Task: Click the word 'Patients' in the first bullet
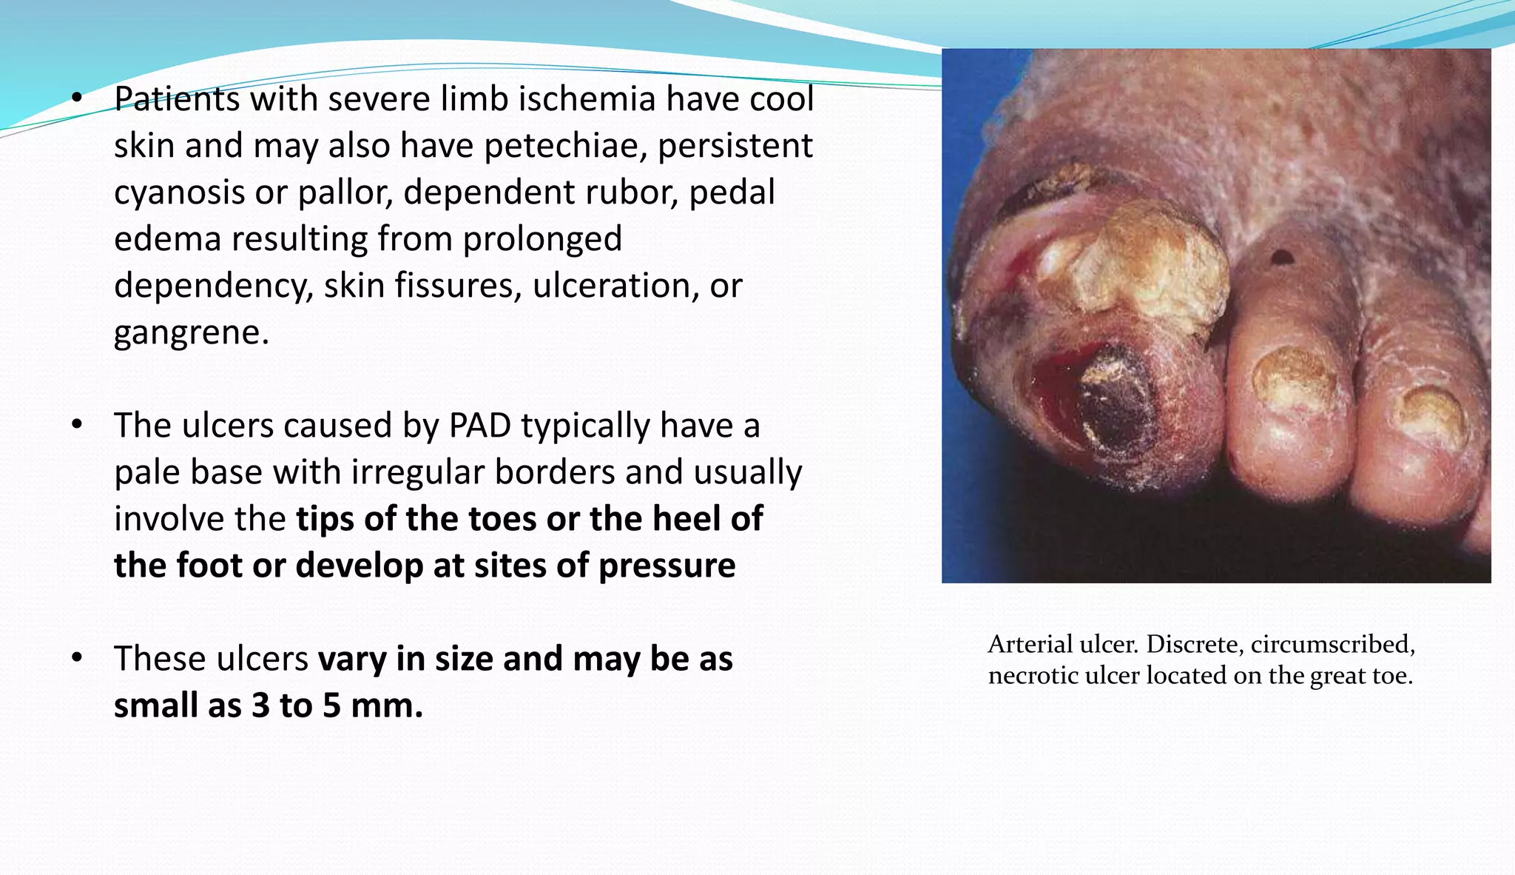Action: [x=176, y=99]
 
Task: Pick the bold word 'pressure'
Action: [x=667, y=566]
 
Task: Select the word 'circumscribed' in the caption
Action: [x=1332, y=644]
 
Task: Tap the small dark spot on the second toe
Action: [x=1281, y=258]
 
